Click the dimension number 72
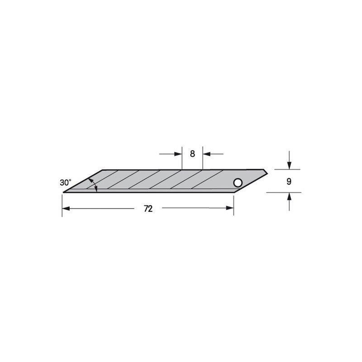pyautogui.click(x=148, y=209)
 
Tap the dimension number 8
pyautogui.click(x=192, y=154)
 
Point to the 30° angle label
pyautogui.click(x=65, y=183)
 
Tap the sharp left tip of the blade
pyautogui.click(x=63, y=192)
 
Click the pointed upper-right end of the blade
pyautogui.click(x=267, y=171)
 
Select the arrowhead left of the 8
pyautogui.click(x=178, y=154)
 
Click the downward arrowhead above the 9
pyautogui.click(x=289, y=167)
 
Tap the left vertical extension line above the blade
pyautogui.click(x=182, y=158)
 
